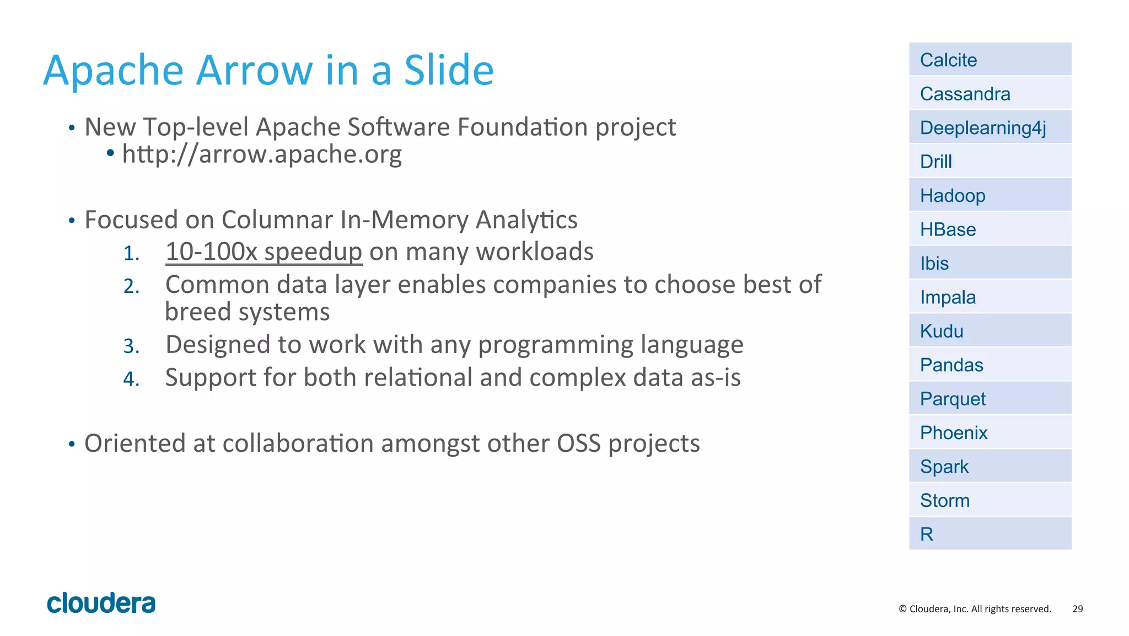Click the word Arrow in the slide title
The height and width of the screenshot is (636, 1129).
[x=255, y=71]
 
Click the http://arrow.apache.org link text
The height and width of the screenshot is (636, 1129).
[x=262, y=154]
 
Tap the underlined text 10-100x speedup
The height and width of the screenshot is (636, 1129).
[x=264, y=252]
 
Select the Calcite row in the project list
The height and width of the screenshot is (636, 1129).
[x=990, y=60]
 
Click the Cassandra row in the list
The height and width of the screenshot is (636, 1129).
[x=990, y=94]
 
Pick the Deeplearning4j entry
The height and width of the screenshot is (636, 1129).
[x=990, y=127]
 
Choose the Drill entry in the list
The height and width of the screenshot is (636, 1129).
[x=990, y=162]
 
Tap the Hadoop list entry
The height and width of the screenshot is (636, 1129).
[x=990, y=195]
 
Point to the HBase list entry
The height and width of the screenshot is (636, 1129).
[x=990, y=229]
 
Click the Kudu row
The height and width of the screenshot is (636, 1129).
[x=990, y=331]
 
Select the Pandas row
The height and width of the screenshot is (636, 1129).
[x=990, y=365]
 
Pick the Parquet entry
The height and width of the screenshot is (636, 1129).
[x=990, y=399]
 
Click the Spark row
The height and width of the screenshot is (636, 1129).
[x=990, y=467]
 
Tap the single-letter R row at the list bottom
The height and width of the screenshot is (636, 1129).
[x=990, y=534]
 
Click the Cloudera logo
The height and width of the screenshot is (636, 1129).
[x=101, y=603]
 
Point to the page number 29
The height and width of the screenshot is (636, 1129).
[x=1077, y=609]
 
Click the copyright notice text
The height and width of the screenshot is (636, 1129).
[x=975, y=609]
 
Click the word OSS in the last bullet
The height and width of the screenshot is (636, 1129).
[x=578, y=443]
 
